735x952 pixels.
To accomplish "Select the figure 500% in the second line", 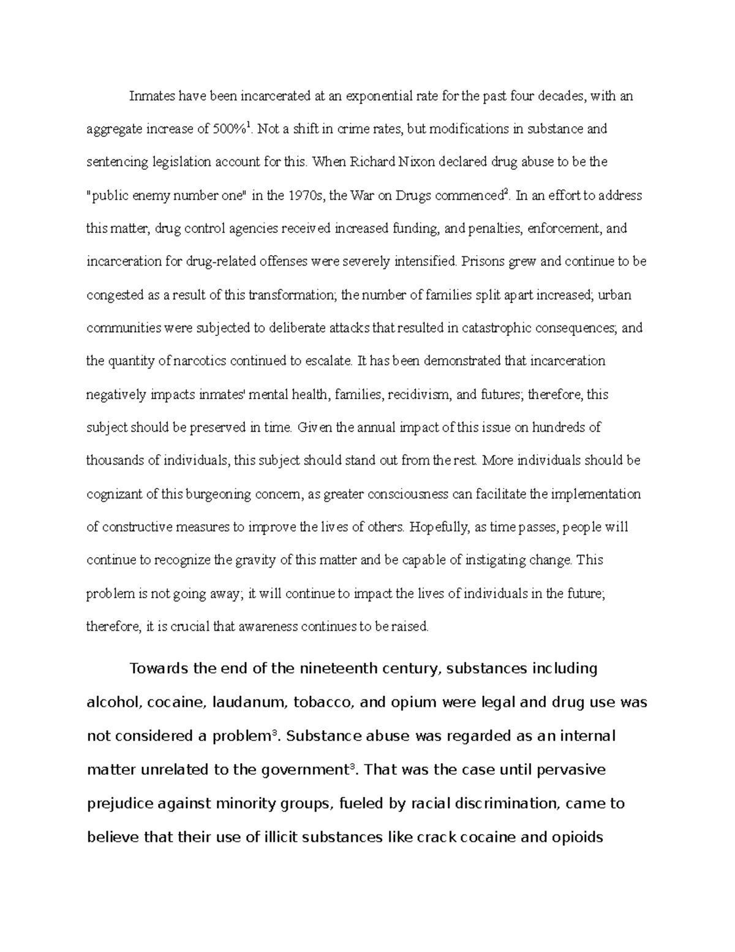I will point(228,129).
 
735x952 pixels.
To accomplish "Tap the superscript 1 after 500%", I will point(248,125).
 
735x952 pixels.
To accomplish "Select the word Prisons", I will point(483,262).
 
